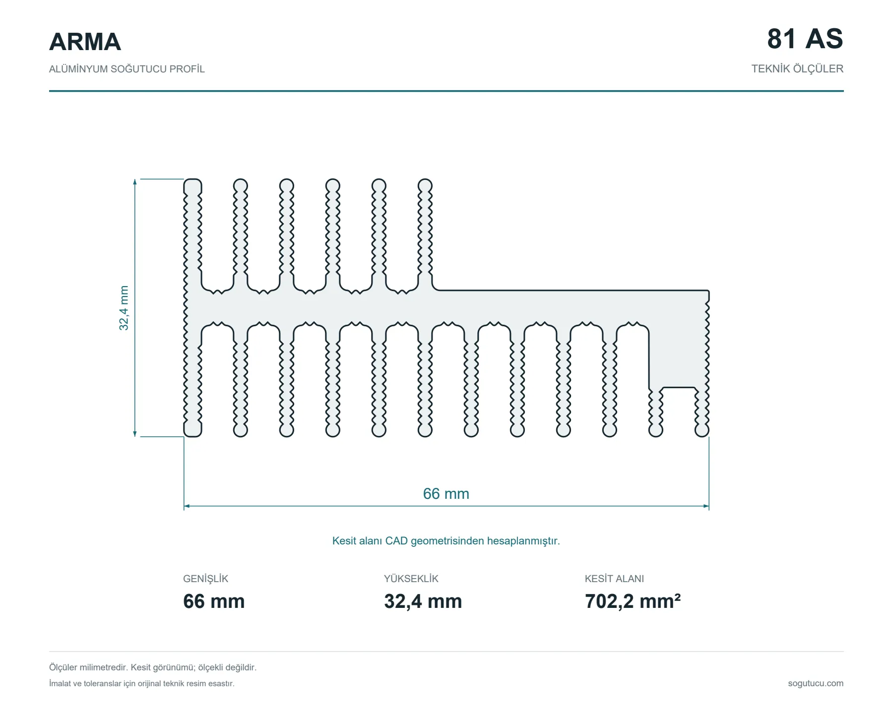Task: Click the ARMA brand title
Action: (85, 42)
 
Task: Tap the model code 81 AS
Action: (805, 39)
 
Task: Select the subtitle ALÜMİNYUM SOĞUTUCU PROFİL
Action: (127, 69)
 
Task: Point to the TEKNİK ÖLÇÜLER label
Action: (797, 69)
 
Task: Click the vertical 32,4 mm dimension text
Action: (124, 308)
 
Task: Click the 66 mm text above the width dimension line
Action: (446, 494)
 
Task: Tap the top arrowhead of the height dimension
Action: (135, 181)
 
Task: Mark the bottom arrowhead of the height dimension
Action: (135, 434)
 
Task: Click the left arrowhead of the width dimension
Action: (187, 506)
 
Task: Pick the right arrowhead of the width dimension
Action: (706, 506)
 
